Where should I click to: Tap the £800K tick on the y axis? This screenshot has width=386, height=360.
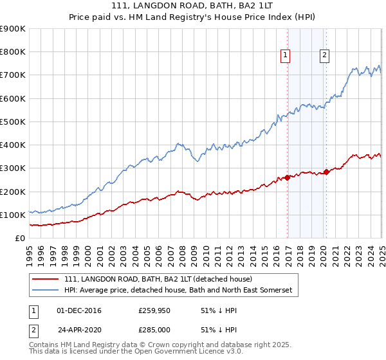pyautogui.click(x=13, y=52)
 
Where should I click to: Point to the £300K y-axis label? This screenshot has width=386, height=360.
pyautogui.click(x=13, y=168)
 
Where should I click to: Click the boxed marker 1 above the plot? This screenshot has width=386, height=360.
pyautogui.click(x=284, y=55)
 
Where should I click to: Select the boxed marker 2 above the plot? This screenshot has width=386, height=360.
pyautogui.click(x=324, y=55)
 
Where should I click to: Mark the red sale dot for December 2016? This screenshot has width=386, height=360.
pyautogui.click(x=287, y=177)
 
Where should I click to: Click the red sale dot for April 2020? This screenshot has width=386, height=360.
pyautogui.click(x=326, y=172)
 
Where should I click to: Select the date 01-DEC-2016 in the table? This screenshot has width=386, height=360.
pyautogui.click(x=79, y=311)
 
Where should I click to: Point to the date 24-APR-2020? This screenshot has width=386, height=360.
pyautogui.click(x=79, y=330)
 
